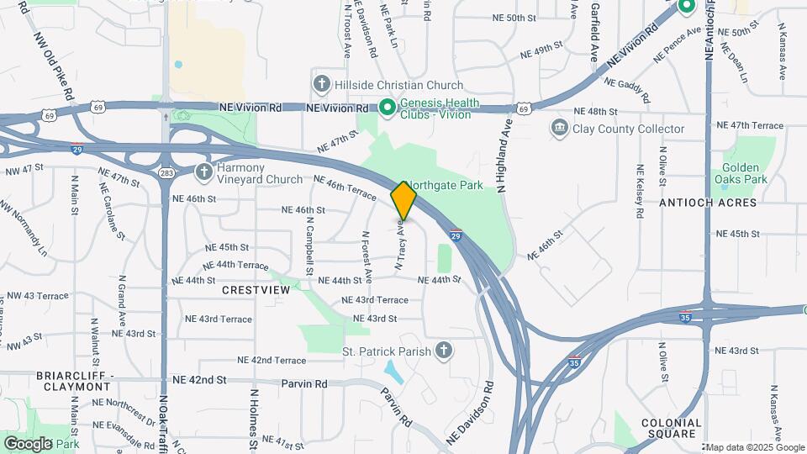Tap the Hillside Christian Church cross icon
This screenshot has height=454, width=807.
(321, 84)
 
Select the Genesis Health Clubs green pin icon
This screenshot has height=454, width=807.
(387, 107)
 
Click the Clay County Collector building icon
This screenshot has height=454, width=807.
(559, 129)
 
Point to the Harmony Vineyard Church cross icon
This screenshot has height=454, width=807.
(204, 172)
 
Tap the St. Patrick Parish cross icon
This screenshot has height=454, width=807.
(444, 351)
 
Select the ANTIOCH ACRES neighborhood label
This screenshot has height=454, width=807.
(708, 203)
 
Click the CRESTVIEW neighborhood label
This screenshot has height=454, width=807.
(256, 289)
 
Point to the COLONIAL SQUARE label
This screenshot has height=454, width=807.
(670, 428)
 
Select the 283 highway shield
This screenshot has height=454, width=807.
(165, 172)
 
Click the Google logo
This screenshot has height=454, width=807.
(27, 443)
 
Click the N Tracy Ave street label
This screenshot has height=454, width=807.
(401, 245)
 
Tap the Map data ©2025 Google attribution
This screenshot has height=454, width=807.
(754, 446)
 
